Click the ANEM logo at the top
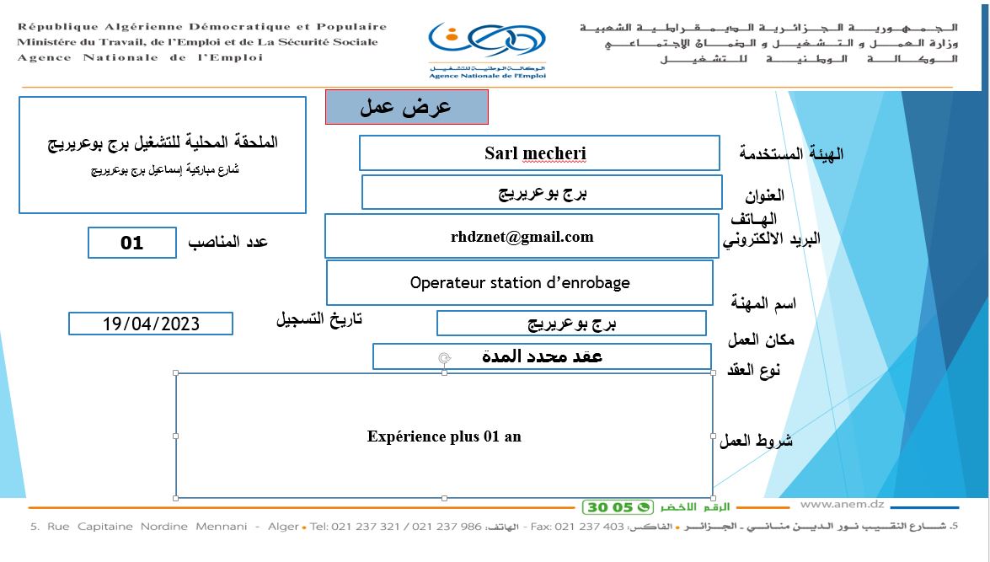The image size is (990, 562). point(487,50)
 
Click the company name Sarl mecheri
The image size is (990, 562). point(535,153)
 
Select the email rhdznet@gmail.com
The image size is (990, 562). point(522,237)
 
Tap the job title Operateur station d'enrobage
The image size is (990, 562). point(520,282)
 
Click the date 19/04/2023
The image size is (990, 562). point(151,324)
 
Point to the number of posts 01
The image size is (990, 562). point(132,244)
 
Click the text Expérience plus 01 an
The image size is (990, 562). point(444,436)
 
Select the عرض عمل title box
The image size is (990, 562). point(407,107)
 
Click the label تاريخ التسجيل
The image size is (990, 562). point(318,318)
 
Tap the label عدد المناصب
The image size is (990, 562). point(228,242)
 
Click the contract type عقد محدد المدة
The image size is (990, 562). point(542,356)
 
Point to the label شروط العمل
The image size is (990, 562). point(756,440)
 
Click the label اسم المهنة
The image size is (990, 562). point(763,303)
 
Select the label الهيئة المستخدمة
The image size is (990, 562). point(791,153)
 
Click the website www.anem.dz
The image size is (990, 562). point(843,504)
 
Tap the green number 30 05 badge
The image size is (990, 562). point(618,507)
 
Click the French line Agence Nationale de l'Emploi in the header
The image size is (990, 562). point(140,57)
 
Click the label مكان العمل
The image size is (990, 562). point(761,340)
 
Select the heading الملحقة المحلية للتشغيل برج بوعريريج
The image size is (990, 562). point(163,142)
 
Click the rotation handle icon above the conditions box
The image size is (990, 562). point(445,358)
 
